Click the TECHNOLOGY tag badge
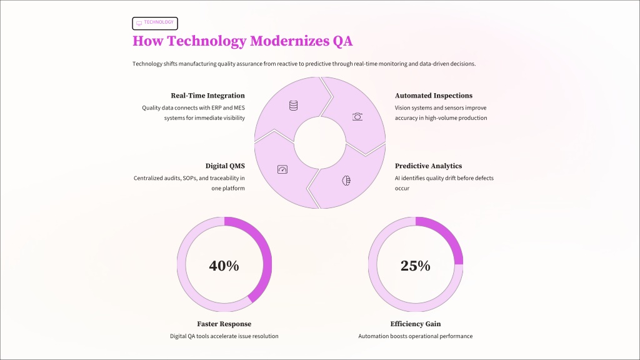155,23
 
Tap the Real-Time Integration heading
207,96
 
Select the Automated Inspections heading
434,96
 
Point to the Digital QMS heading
225,166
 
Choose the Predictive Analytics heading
429,166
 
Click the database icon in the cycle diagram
293,106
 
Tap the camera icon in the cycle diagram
357,116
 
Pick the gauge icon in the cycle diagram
282,169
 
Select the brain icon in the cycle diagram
346,181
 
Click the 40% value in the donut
224,266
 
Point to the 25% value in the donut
415,266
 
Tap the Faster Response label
224,324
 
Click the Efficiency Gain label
415,324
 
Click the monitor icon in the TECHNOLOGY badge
139,23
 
